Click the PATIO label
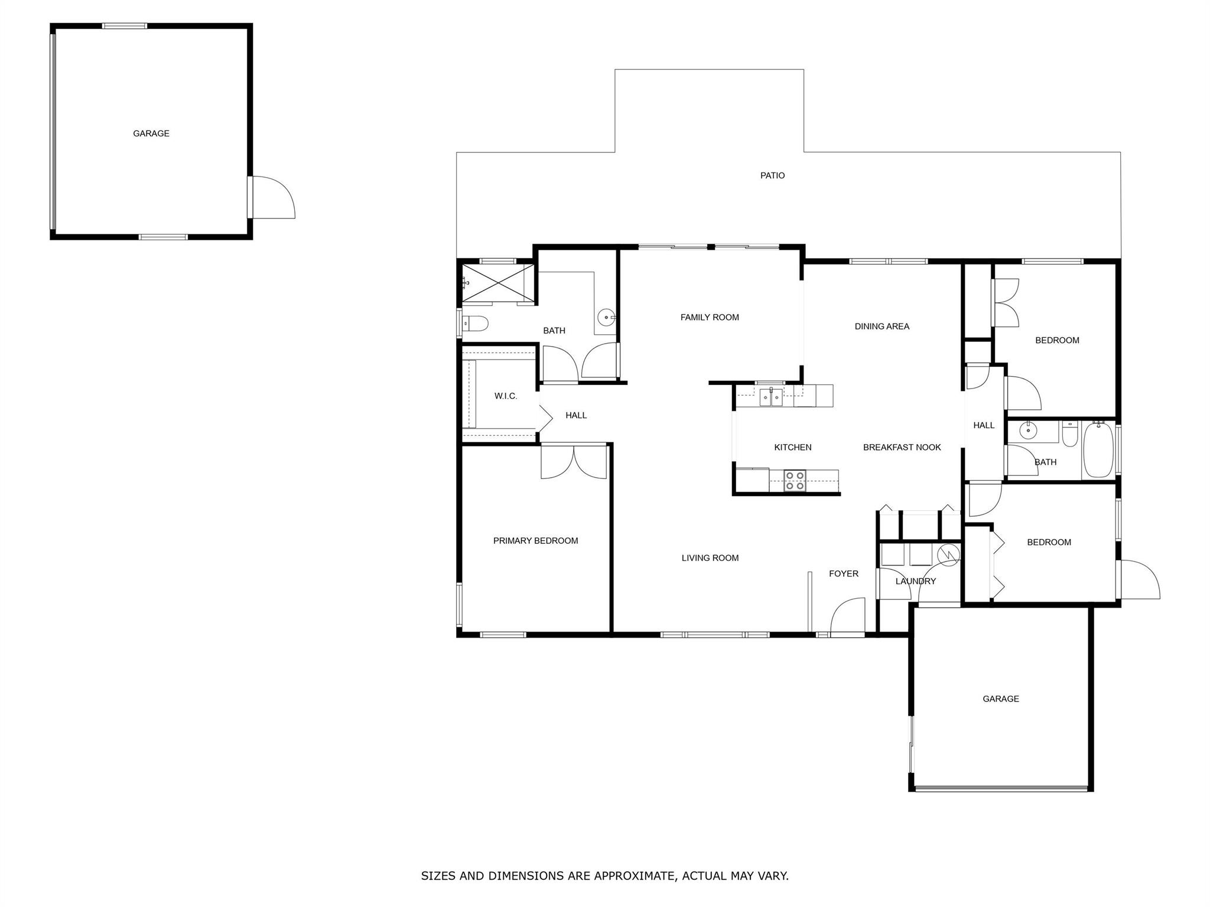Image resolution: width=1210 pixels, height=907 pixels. tap(772, 175)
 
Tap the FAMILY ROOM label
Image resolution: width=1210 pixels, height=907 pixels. tap(710, 317)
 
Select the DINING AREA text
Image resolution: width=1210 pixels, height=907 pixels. tap(882, 326)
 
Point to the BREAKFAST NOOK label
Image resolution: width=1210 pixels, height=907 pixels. tap(902, 447)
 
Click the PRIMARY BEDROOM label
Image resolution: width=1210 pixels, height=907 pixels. tap(535, 540)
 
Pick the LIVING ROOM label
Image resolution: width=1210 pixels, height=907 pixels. tap(710, 557)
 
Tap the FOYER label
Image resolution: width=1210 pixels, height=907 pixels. tap(843, 573)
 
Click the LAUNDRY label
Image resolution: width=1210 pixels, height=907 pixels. tap(915, 581)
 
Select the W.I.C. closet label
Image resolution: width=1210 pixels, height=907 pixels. tap(506, 396)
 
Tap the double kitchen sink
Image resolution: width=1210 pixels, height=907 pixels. tap(771, 397)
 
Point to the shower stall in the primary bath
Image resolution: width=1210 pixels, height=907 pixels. tap(497, 283)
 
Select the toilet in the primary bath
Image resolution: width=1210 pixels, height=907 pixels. tap(475, 324)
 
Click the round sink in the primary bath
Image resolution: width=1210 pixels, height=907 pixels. tap(606, 318)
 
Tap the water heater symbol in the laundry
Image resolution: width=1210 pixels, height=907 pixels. tap(948, 554)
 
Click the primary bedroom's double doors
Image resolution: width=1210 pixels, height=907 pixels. tap(574, 461)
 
